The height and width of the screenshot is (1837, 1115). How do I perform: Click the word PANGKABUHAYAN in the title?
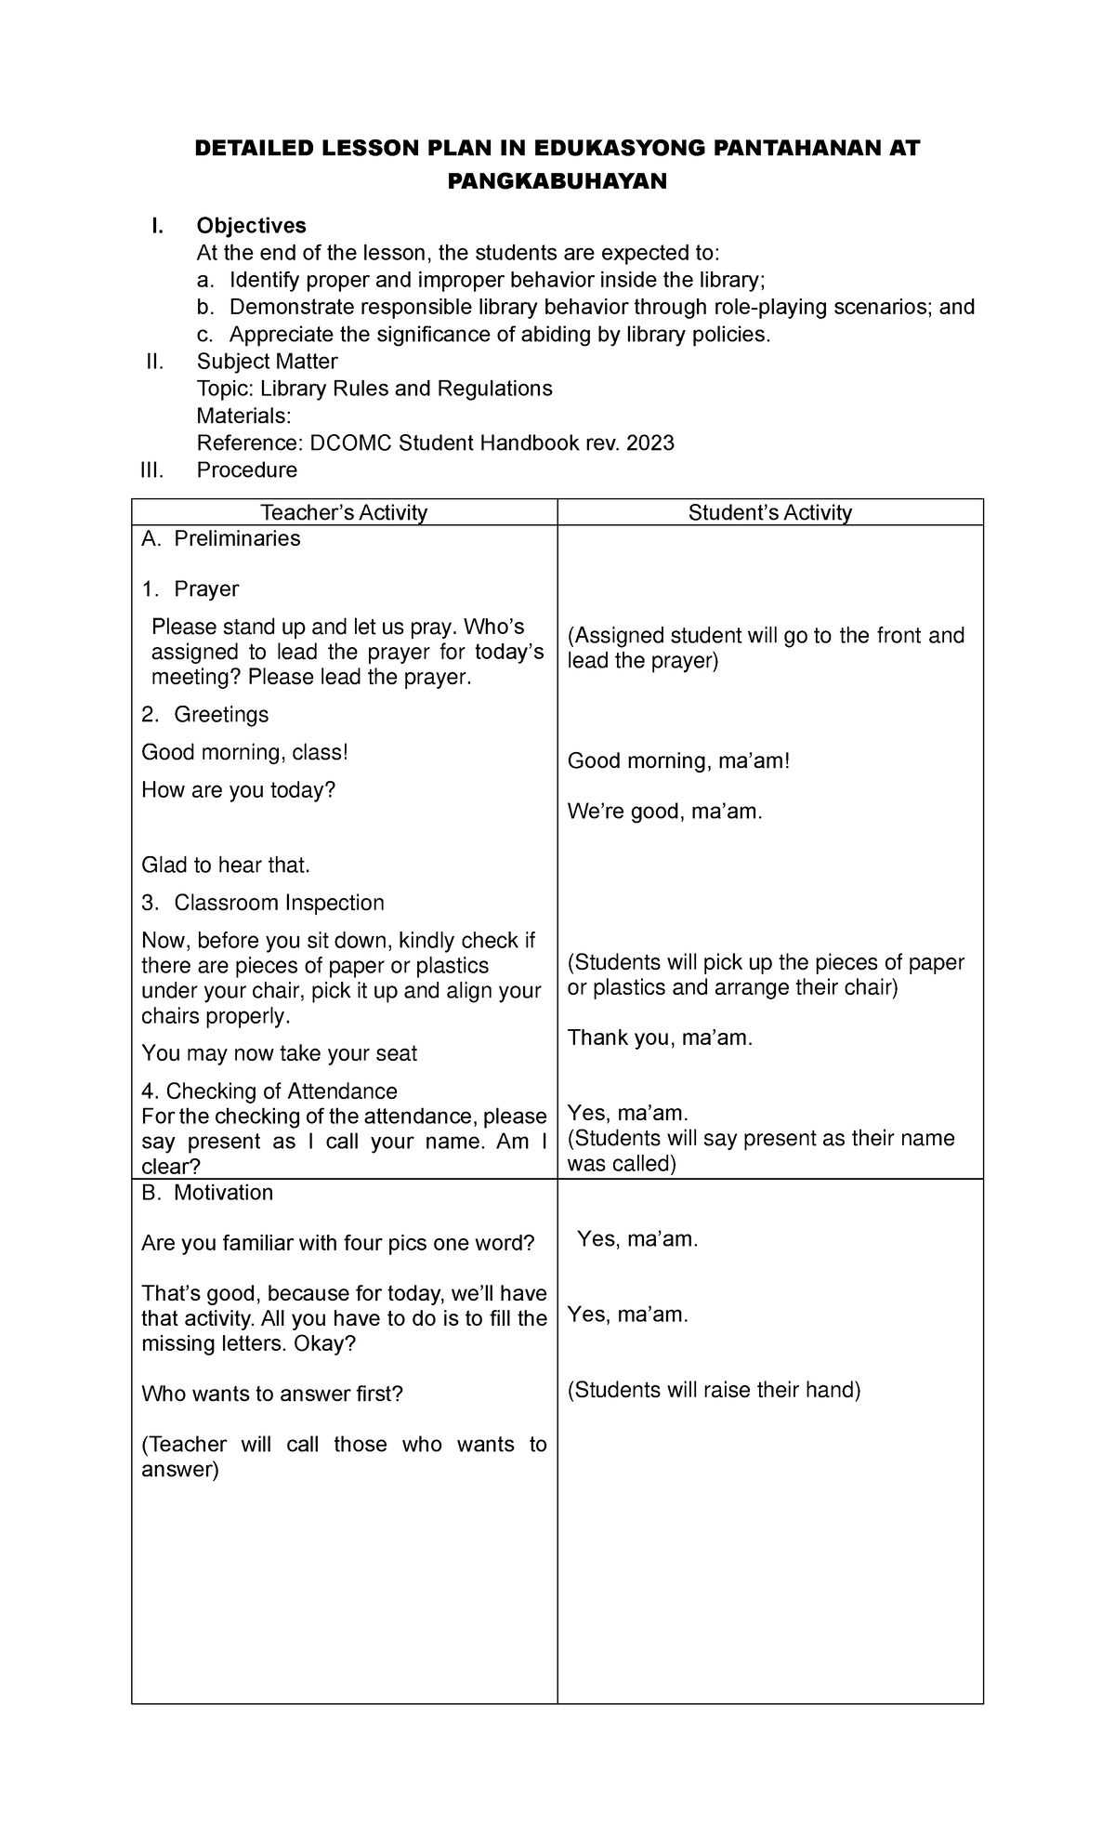557,182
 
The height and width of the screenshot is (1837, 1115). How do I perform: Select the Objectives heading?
251,226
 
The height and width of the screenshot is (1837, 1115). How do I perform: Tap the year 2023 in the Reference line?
649,443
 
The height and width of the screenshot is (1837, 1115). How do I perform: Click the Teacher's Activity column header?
344,512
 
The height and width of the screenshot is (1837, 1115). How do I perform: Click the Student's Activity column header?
769,512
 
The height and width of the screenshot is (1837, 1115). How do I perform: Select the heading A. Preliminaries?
220,539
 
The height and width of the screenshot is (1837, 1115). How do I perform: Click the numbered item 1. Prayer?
190,589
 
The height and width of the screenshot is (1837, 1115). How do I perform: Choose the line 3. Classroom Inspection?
262,904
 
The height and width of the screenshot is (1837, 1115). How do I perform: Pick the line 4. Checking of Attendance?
269,1091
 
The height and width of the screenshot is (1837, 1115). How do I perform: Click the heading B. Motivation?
207,1193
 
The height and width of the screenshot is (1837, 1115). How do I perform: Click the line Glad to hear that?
225,866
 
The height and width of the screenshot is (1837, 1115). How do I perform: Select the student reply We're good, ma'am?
664,813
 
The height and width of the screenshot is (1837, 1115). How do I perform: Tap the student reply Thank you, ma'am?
660,1038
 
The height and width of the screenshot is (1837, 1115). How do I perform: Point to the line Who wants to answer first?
272,1394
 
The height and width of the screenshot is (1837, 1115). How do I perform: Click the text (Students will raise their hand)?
714,1391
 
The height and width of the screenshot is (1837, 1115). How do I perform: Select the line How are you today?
238,790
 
